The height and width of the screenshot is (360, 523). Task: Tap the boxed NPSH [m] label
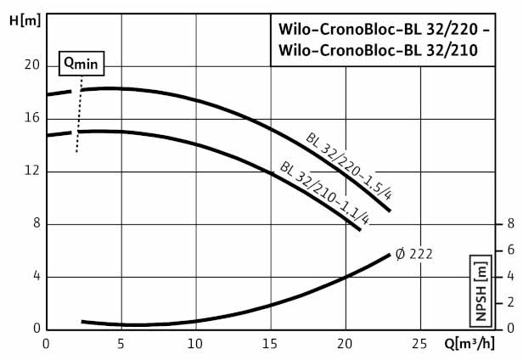[482, 290]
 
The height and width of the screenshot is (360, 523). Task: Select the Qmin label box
[79, 63]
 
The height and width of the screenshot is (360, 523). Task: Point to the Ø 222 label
[415, 253]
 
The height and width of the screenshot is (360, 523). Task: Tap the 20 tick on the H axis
[31, 65]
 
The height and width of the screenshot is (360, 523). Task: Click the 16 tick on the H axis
[31, 118]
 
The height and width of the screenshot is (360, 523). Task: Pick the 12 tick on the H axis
[31, 171]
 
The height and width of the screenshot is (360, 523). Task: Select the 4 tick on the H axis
[35, 277]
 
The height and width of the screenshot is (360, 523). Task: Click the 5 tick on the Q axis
[121, 344]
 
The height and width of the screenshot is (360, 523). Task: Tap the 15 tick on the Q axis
[271, 344]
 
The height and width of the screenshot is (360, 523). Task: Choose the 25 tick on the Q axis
[420, 344]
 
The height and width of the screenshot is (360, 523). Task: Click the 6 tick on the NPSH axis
[510, 250]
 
